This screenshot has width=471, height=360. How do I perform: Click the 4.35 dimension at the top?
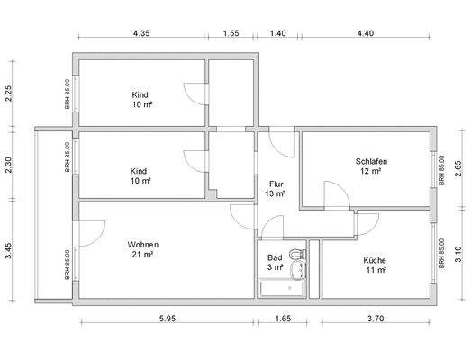[x=140, y=32]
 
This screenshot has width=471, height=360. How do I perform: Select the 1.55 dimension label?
[x=231, y=32]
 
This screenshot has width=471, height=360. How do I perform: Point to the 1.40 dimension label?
[x=277, y=32]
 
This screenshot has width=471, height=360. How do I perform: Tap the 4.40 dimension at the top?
[x=365, y=32]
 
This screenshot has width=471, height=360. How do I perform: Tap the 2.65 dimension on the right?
[x=459, y=170]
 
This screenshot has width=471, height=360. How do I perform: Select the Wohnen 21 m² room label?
[x=143, y=249]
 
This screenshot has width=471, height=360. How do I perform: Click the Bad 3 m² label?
[x=275, y=262]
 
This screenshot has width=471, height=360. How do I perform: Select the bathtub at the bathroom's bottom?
[x=281, y=289]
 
